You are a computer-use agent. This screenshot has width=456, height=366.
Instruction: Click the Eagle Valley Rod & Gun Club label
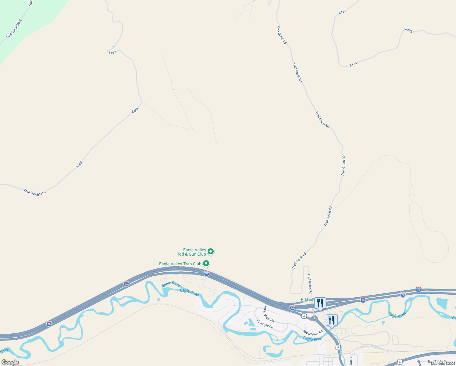coord(191,252)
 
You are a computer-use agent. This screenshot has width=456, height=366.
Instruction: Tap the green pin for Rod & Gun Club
coord(211,252)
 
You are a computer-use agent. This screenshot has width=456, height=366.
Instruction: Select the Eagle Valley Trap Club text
coord(180,264)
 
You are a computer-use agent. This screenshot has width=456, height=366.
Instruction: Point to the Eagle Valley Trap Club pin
coord(206,263)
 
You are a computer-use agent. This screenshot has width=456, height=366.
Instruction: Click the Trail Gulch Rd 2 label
coord(14,29)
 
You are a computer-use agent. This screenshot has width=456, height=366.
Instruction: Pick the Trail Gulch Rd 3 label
coord(35,192)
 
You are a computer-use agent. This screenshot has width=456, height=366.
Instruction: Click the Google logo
coord(10,362)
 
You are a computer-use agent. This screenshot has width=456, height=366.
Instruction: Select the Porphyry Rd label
coord(265,324)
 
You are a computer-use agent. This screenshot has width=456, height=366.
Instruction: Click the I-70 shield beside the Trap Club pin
coord(207,274)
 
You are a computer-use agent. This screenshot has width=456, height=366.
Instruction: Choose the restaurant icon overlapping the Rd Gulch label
coord(320,303)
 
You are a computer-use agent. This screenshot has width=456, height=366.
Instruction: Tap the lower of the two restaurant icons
coord(332,320)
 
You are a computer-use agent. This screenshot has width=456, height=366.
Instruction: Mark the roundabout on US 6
coord(315,319)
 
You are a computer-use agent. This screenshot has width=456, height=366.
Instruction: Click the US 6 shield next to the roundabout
coord(304,316)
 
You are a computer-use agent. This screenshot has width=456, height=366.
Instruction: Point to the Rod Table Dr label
coord(437,362)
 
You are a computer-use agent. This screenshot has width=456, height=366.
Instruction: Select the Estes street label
coord(351,361)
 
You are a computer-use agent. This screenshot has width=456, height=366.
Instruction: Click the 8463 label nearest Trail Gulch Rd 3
coord(79,165)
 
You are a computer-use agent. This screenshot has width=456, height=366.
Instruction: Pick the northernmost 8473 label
coord(342,13)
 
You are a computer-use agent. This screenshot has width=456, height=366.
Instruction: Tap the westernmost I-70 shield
coord(49,324)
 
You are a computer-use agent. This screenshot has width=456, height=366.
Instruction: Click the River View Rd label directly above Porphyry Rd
coord(269,314)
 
